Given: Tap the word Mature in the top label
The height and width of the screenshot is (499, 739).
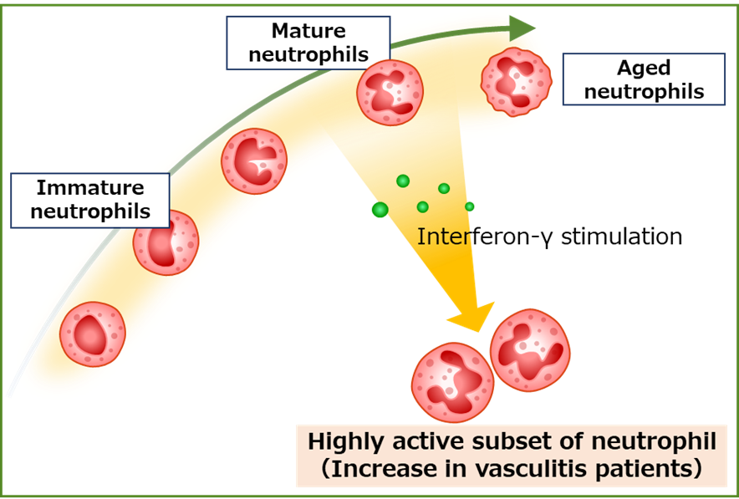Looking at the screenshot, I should [x=308, y=32].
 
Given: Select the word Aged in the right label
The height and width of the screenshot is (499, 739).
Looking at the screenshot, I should [x=644, y=69].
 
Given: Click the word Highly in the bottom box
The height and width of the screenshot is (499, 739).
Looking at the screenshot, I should [x=342, y=440].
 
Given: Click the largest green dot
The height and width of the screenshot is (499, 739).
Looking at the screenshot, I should [x=380, y=210].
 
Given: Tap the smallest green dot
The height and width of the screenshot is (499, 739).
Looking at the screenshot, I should [x=470, y=206].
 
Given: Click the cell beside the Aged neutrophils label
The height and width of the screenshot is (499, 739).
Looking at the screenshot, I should [x=516, y=82].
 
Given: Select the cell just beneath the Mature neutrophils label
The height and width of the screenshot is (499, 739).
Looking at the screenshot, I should [x=390, y=93].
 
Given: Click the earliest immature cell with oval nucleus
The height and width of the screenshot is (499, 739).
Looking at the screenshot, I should [x=92, y=334].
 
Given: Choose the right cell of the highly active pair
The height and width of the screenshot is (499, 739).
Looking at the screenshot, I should [x=530, y=349].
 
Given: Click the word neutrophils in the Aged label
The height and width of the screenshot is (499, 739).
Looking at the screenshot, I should [x=644, y=91].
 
